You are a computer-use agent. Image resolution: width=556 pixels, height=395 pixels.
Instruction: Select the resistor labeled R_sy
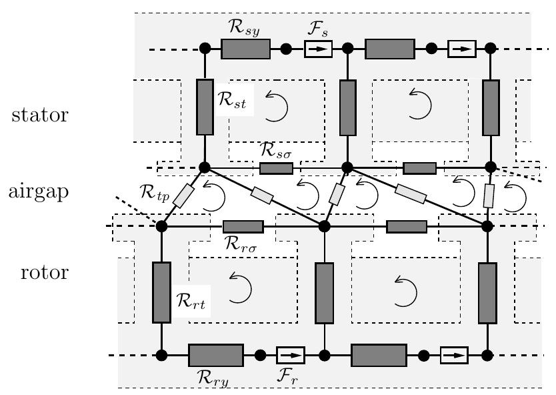[245, 49]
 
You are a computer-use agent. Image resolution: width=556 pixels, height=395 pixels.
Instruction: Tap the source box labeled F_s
[318, 49]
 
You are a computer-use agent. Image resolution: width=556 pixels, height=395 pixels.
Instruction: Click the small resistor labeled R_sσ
[276, 168]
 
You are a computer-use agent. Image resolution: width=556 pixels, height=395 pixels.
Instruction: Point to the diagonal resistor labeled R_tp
[184, 195]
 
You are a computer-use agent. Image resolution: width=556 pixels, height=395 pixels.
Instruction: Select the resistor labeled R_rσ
[243, 227]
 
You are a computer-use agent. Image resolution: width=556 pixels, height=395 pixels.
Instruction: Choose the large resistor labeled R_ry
[215, 355]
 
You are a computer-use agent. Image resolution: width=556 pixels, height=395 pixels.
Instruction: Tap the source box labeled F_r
[290, 354]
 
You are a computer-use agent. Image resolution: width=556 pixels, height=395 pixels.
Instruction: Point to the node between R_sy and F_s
[286, 49]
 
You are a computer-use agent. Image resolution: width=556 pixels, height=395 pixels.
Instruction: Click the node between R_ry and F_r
[261, 354]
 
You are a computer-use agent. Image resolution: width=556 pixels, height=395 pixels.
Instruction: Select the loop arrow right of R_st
[276, 105]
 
